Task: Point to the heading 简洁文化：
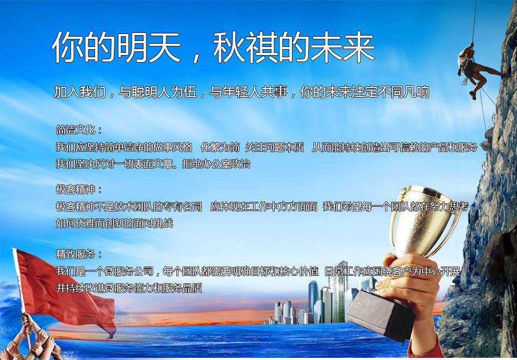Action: point(79,130)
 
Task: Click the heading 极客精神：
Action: point(79,189)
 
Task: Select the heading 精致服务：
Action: point(79,254)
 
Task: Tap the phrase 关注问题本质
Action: point(274,147)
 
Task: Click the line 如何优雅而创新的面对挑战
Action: point(114,223)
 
